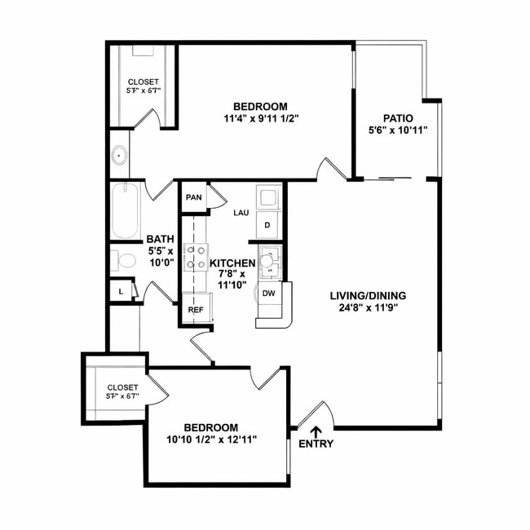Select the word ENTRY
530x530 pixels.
316,444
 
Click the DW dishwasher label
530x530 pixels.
268,294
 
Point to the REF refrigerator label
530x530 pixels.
196,310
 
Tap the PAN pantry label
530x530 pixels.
193,197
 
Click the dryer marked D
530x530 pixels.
267,225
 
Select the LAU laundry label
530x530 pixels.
241,213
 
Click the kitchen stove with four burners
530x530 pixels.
195,258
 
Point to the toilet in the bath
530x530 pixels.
125,262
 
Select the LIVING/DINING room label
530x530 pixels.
368,296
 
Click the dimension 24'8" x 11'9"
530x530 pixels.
368,308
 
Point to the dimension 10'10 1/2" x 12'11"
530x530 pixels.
210,439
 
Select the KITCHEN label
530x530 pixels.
232,263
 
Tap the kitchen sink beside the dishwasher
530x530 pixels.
268,263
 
